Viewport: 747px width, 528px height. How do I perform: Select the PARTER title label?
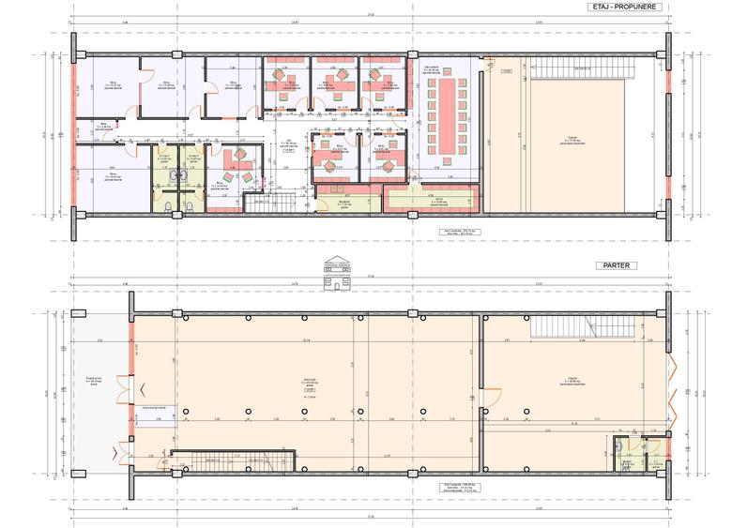pos(620,265)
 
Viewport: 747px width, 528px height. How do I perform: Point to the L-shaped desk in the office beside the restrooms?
pos(230,169)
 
